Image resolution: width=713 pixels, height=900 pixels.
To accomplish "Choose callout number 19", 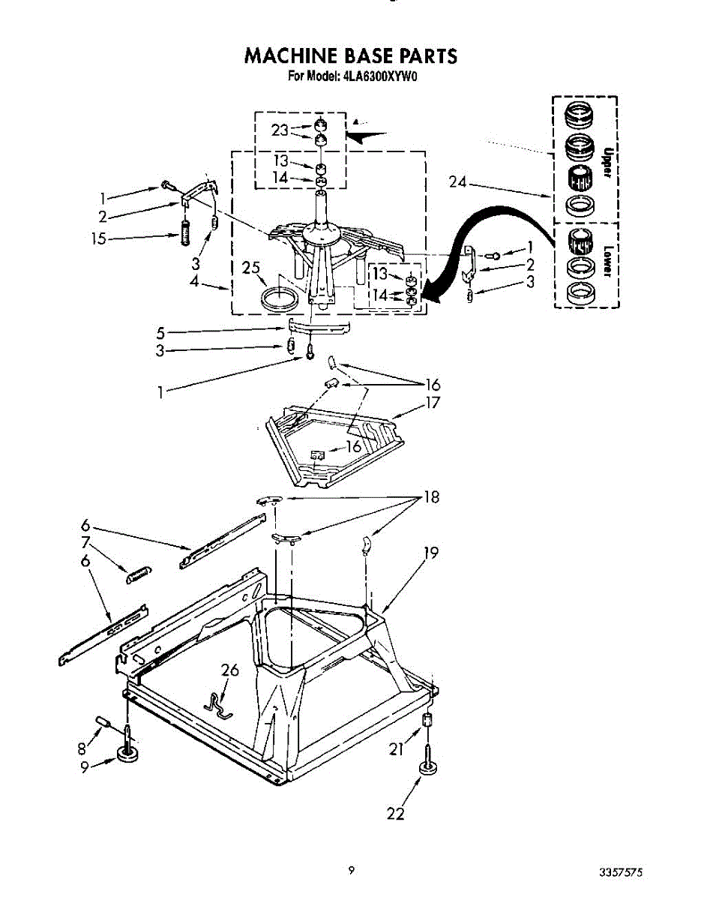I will [x=430, y=553].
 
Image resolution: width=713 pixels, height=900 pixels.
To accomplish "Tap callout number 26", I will [x=230, y=670].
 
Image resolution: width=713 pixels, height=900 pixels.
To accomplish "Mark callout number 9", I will [x=85, y=766].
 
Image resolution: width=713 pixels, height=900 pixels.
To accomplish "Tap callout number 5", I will [x=160, y=331].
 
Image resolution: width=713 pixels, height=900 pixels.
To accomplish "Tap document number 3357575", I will [x=620, y=872].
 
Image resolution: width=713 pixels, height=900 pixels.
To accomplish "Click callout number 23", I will [x=280, y=130].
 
